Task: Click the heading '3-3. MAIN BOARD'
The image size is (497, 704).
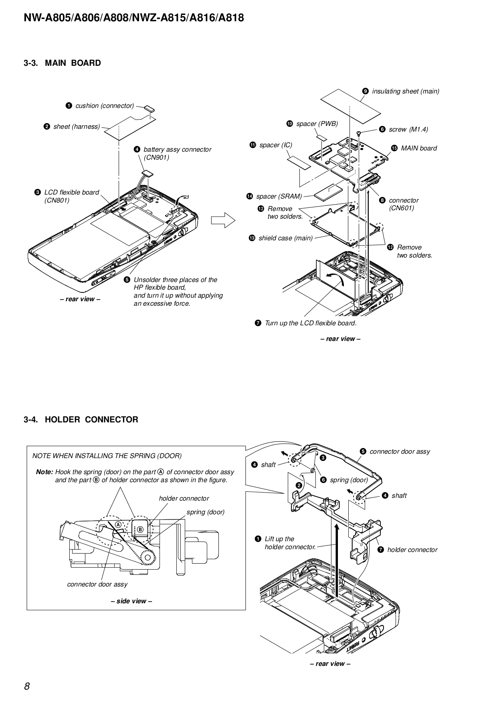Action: [62, 63]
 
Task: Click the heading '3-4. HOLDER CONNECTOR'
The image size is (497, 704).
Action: [81, 420]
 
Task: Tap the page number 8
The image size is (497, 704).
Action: [27, 686]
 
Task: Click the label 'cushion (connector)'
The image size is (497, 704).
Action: [104, 106]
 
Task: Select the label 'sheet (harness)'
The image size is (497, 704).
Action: [76, 127]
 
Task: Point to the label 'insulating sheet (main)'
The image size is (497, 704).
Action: [405, 91]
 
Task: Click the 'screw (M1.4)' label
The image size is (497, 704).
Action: [408, 129]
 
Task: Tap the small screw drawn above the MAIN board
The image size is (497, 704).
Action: [359, 134]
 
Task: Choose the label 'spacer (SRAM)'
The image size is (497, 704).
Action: [279, 197]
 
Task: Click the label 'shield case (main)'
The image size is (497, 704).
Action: [285, 238]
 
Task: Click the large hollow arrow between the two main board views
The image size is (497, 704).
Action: [223, 220]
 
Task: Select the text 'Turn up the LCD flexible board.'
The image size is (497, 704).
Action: [310, 323]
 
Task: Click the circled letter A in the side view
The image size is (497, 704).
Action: [118, 525]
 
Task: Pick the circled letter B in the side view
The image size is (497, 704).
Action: [140, 530]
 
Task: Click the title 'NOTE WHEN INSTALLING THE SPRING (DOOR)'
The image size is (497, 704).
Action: [107, 456]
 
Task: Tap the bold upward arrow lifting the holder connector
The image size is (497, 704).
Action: [337, 562]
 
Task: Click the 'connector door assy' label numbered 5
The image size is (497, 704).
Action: [399, 452]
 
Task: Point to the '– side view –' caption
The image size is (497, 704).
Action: [131, 601]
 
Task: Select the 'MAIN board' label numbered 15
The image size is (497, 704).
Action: [418, 148]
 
